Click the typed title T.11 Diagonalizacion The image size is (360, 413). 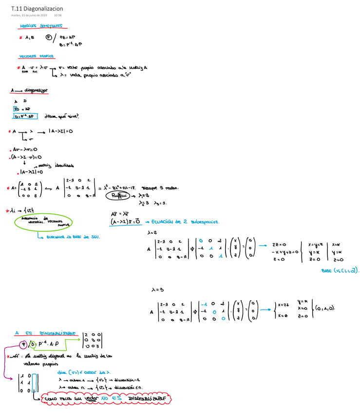point(37,8)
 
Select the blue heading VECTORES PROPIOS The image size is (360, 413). point(37,56)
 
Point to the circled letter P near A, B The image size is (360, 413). point(48,37)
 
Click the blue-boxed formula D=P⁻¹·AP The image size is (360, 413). point(26,116)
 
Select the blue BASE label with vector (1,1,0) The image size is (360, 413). point(340,270)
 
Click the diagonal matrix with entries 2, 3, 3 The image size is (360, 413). point(93,340)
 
